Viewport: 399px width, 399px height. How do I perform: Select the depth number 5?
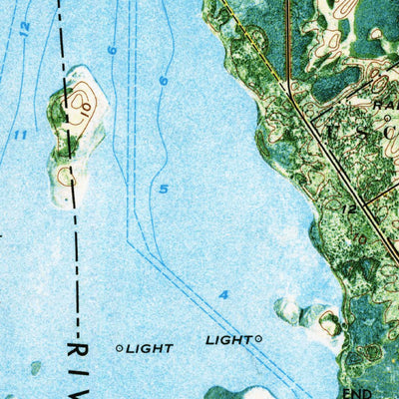tap(164, 189)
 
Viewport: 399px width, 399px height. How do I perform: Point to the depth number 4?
tap(223, 294)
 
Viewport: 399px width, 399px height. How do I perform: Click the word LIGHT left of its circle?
tap(151, 348)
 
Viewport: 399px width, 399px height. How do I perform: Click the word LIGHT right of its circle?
tap(227, 340)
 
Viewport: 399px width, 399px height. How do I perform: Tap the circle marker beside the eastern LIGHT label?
tap(258, 339)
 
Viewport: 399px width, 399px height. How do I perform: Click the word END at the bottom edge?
tap(356, 393)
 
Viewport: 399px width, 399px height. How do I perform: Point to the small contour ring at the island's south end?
tap(67, 177)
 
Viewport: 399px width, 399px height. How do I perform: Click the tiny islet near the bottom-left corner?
tap(36, 367)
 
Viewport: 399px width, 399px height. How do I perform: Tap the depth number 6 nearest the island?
tap(112, 50)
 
